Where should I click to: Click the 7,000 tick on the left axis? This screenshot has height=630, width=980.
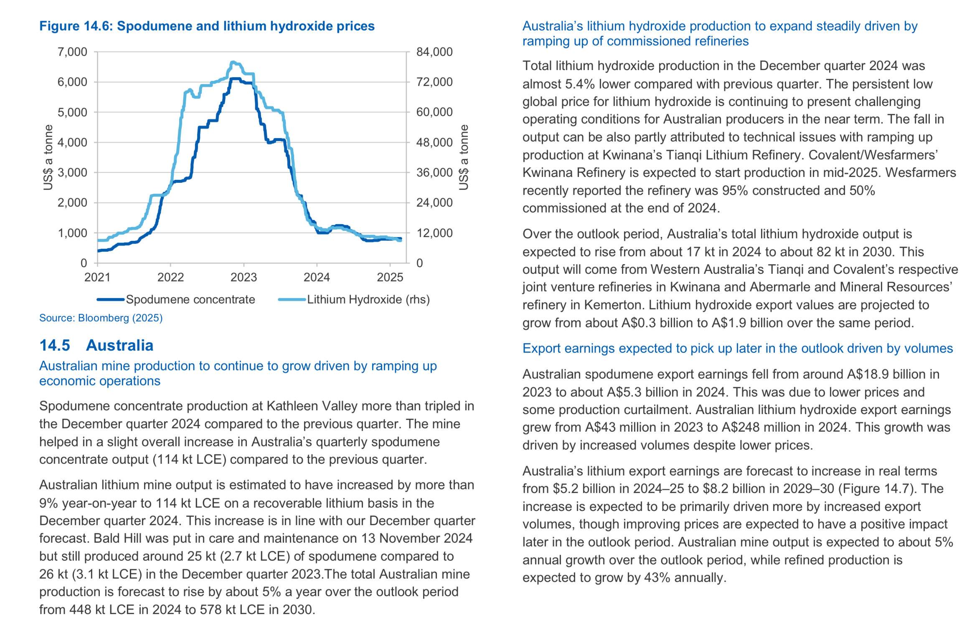point(72,52)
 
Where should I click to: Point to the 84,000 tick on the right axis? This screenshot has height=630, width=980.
point(434,52)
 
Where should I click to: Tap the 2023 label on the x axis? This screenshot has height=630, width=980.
point(244,277)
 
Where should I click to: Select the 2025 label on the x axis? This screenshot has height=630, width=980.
point(390,277)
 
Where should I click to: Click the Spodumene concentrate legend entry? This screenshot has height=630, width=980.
point(176,299)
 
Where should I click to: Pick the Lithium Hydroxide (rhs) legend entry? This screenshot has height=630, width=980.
point(354,299)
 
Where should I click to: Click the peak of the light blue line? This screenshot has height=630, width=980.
point(233,62)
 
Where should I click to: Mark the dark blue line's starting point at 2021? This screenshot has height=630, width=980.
point(98,251)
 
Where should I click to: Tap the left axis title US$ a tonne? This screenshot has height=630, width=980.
point(48,157)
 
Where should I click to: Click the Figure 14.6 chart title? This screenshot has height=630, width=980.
point(207,26)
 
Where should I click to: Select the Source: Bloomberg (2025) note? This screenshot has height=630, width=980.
point(101,318)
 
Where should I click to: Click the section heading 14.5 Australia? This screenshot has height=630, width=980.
point(96,345)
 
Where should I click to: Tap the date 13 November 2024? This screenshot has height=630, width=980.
point(416,538)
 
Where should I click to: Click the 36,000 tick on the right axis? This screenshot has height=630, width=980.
point(434,172)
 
